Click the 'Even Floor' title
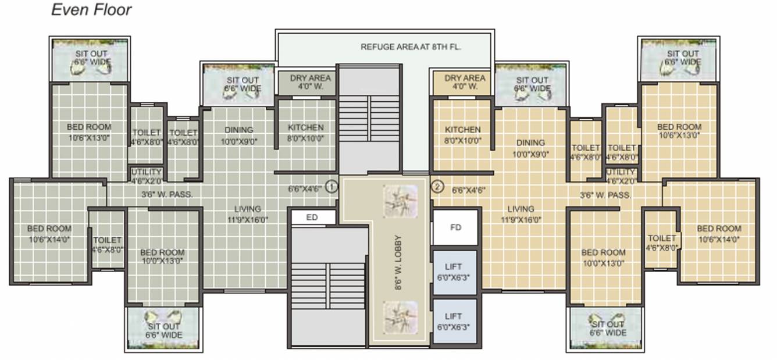[91, 10]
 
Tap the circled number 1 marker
[332, 187]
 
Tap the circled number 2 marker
[437, 187]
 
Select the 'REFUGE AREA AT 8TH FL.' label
[411, 47]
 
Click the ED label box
[312, 217]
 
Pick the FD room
[455, 227]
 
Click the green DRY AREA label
[310, 82]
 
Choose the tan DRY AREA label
[465, 82]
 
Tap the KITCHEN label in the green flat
[305, 133]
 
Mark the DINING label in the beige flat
[530, 148]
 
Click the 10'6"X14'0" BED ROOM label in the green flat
[49, 234]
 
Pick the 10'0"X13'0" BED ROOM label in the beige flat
[604, 258]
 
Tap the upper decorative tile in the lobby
[400, 201]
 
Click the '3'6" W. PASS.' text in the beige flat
[605, 196]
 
